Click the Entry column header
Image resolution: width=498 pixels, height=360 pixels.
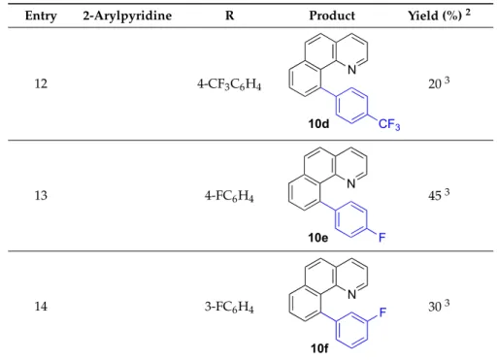pyautogui.click(x=41, y=16)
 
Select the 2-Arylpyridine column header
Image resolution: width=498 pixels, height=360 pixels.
pyautogui.click(x=127, y=16)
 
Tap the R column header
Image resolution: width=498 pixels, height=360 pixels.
pyautogui.click(x=229, y=16)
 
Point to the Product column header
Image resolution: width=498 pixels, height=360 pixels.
pyautogui.click(x=332, y=16)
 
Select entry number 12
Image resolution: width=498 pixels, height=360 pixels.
pyautogui.click(x=41, y=83)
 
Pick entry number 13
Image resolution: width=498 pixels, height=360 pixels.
pyautogui.click(x=41, y=195)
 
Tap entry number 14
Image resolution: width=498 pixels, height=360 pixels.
pyautogui.click(x=41, y=306)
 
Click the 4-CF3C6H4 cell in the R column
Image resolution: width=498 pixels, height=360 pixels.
pyautogui.click(x=229, y=84)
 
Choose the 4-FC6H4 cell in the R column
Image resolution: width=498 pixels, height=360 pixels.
pyautogui.click(x=229, y=196)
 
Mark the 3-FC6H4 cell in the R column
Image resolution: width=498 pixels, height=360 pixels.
pyautogui.click(x=229, y=307)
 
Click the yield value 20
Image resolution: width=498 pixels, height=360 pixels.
pyautogui.click(x=435, y=84)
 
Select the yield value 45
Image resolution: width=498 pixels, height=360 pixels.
pyautogui.click(x=435, y=196)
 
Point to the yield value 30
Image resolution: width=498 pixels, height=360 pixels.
pyautogui.click(x=435, y=307)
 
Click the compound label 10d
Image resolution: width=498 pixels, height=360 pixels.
pyautogui.click(x=318, y=123)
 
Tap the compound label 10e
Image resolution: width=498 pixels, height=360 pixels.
pyautogui.click(x=318, y=238)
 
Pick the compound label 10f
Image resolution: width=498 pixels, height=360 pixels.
pyautogui.click(x=319, y=348)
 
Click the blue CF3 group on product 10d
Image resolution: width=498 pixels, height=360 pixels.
pyautogui.click(x=389, y=124)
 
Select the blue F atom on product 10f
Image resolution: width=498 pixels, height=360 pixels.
pyautogui.click(x=382, y=312)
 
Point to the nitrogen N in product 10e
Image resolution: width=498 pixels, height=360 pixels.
pyautogui.click(x=351, y=183)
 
